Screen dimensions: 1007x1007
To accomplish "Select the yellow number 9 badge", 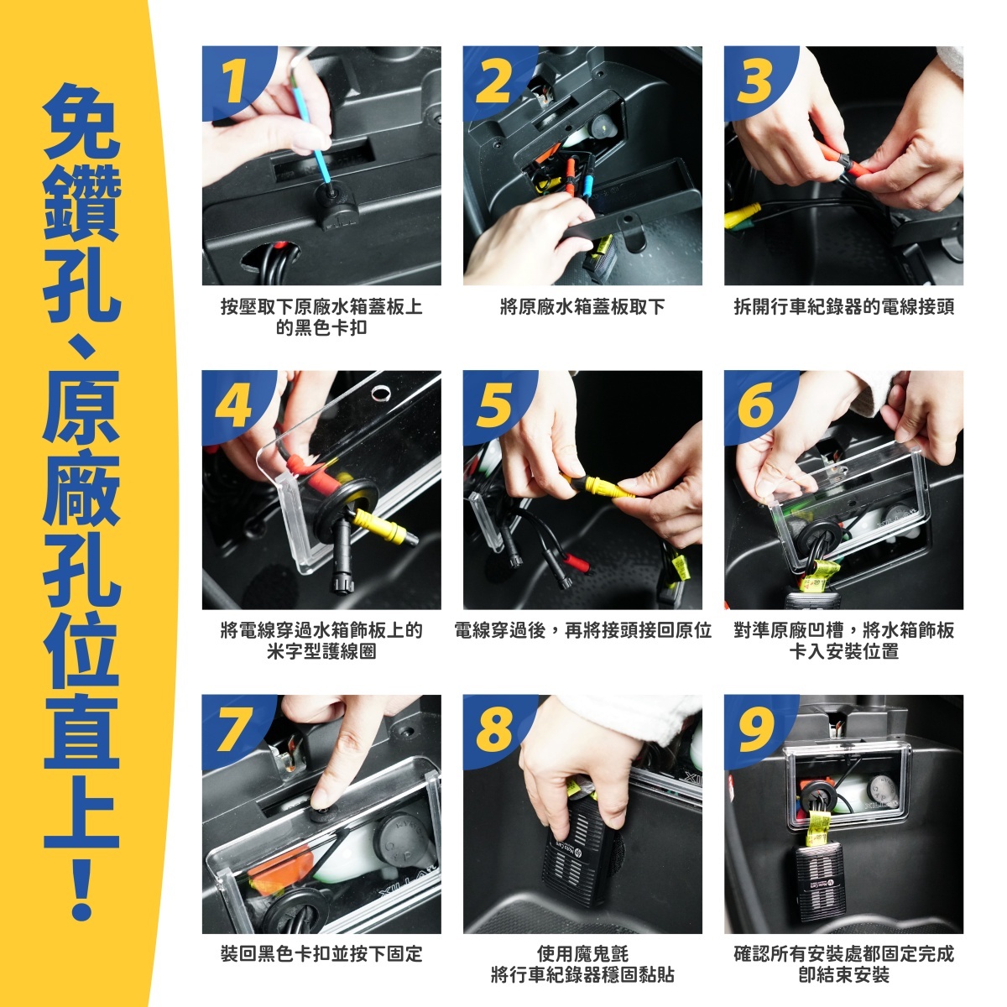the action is (755, 731).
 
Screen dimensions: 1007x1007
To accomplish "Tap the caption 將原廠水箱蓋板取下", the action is (582, 307).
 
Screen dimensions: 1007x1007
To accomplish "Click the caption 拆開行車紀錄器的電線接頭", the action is (843, 307).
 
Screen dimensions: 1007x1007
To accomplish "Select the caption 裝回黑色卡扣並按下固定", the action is (321, 954).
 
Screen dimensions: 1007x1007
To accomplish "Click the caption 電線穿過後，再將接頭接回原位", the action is (582, 631).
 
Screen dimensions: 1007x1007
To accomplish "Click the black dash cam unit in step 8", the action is (580, 859).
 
